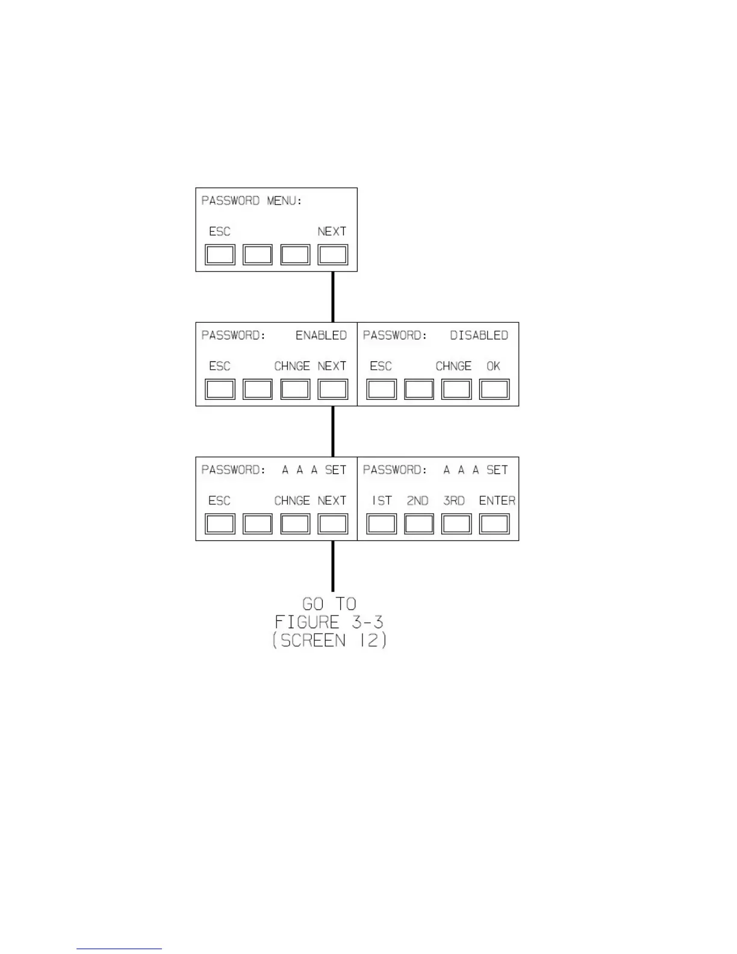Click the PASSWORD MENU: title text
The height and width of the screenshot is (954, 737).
pos(252,201)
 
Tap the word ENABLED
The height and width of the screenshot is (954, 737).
pos(321,335)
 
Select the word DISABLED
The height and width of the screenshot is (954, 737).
pos(479,335)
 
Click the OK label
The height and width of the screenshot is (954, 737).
pos(493,366)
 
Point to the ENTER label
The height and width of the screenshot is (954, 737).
pos(497,500)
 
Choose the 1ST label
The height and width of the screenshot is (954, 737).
pos(382,500)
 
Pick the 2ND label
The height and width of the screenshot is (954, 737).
pos(417,500)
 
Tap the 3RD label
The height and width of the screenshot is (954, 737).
pos(453,500)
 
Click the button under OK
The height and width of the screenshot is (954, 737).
pos(494,389)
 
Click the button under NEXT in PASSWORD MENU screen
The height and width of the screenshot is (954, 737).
pos(332,255)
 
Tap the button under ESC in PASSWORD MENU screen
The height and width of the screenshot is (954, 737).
pos(220,255)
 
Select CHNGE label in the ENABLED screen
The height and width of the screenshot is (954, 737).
pos(292,366)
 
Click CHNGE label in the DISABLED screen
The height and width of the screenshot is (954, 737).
pos(453,366)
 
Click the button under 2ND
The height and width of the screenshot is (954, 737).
pos(418,524)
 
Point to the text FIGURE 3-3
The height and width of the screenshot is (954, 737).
pos(329,622)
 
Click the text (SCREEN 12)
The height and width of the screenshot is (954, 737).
pos(329,640)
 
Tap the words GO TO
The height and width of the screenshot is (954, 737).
pos(329,603)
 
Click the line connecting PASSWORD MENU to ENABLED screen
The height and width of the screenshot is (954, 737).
pos(333,297)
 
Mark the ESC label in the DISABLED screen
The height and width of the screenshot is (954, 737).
pos(381,366)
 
